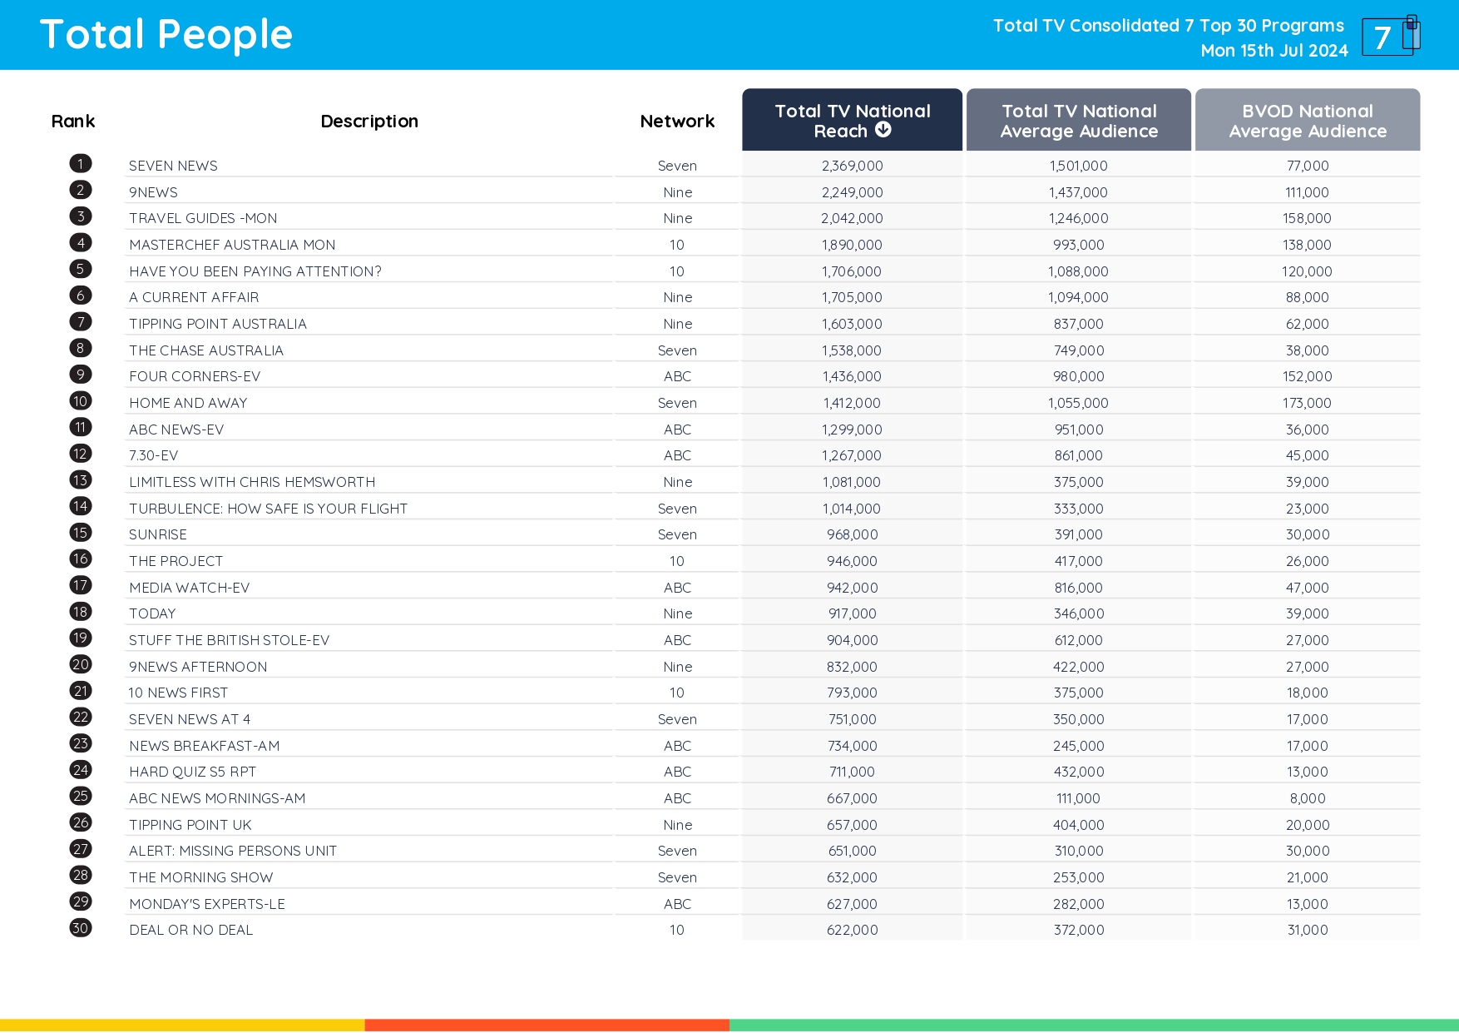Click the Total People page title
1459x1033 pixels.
click(x=166, y=35)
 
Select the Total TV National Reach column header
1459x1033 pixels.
click(x=852, y=120)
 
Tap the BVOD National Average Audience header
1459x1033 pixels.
click(x=1307, y=120)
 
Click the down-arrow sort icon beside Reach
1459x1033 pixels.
click(x=883, y=130)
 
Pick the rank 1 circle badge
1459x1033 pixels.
click(x=81, y=163)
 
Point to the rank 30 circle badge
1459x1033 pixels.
click(x=81, y=928)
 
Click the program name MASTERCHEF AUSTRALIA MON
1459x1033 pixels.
click(x=232, y=245)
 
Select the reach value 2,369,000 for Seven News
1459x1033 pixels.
click(x=852, y=166)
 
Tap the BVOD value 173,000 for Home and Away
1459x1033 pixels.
click(x=1307, y=403)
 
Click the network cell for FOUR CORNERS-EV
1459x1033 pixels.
click(x=677, y=376)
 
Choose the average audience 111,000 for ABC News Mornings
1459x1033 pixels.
click(x=1078, y=798)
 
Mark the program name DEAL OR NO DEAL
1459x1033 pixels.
click(x=190, y=930)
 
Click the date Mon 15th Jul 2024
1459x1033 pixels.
click(x=1274, y=51)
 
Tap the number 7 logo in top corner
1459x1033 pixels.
click(x=1389, y=36)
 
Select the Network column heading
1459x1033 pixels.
click(x=677, y=122)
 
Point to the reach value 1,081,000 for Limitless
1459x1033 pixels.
click(x=852, y=482)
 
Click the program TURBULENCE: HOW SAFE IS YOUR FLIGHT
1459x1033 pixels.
click(x=268, y=509)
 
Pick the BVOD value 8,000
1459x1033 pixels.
click(x=1307, y=798)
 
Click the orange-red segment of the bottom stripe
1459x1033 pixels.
click(x=547, y=1026)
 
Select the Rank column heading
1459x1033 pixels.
click(x=73, y=122)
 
